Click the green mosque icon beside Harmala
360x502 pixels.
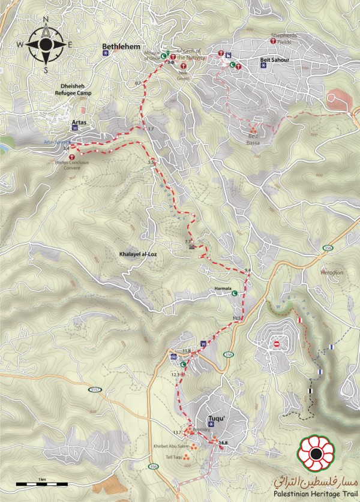point(235,293)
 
